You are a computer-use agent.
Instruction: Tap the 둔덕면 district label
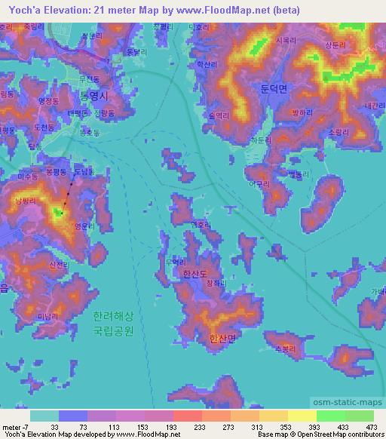pos(274,89)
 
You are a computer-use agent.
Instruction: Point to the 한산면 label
pos(223,339)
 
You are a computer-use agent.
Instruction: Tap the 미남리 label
pos(49,316)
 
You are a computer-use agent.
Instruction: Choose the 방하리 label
pos(280,112)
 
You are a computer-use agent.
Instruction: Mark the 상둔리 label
pos(335,45)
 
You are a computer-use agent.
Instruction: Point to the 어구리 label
pos(259,183)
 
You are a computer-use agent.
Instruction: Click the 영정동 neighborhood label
pos(49,100)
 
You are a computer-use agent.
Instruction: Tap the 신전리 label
pos(58,265)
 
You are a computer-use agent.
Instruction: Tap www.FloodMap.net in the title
pos(235,10)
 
